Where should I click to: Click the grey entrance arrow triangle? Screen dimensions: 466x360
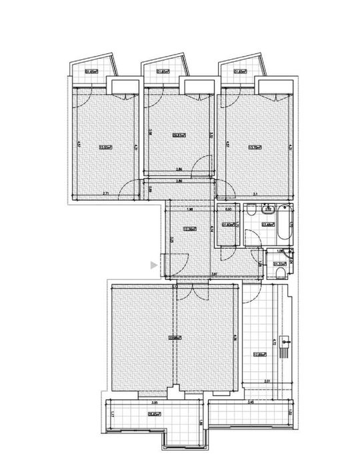click(x=154, y=265)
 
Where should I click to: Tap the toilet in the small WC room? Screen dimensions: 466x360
click(x=279, y=271)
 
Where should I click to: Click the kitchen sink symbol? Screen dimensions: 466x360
click(x=287, y=345)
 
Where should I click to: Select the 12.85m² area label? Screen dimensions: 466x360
click(x=259, y=354)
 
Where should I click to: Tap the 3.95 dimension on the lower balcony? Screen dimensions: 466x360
click(x=154, y=403)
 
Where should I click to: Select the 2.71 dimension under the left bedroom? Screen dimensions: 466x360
click(x=106, y=193)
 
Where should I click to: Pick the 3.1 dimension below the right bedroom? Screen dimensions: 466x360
click(x=256, y=195)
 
